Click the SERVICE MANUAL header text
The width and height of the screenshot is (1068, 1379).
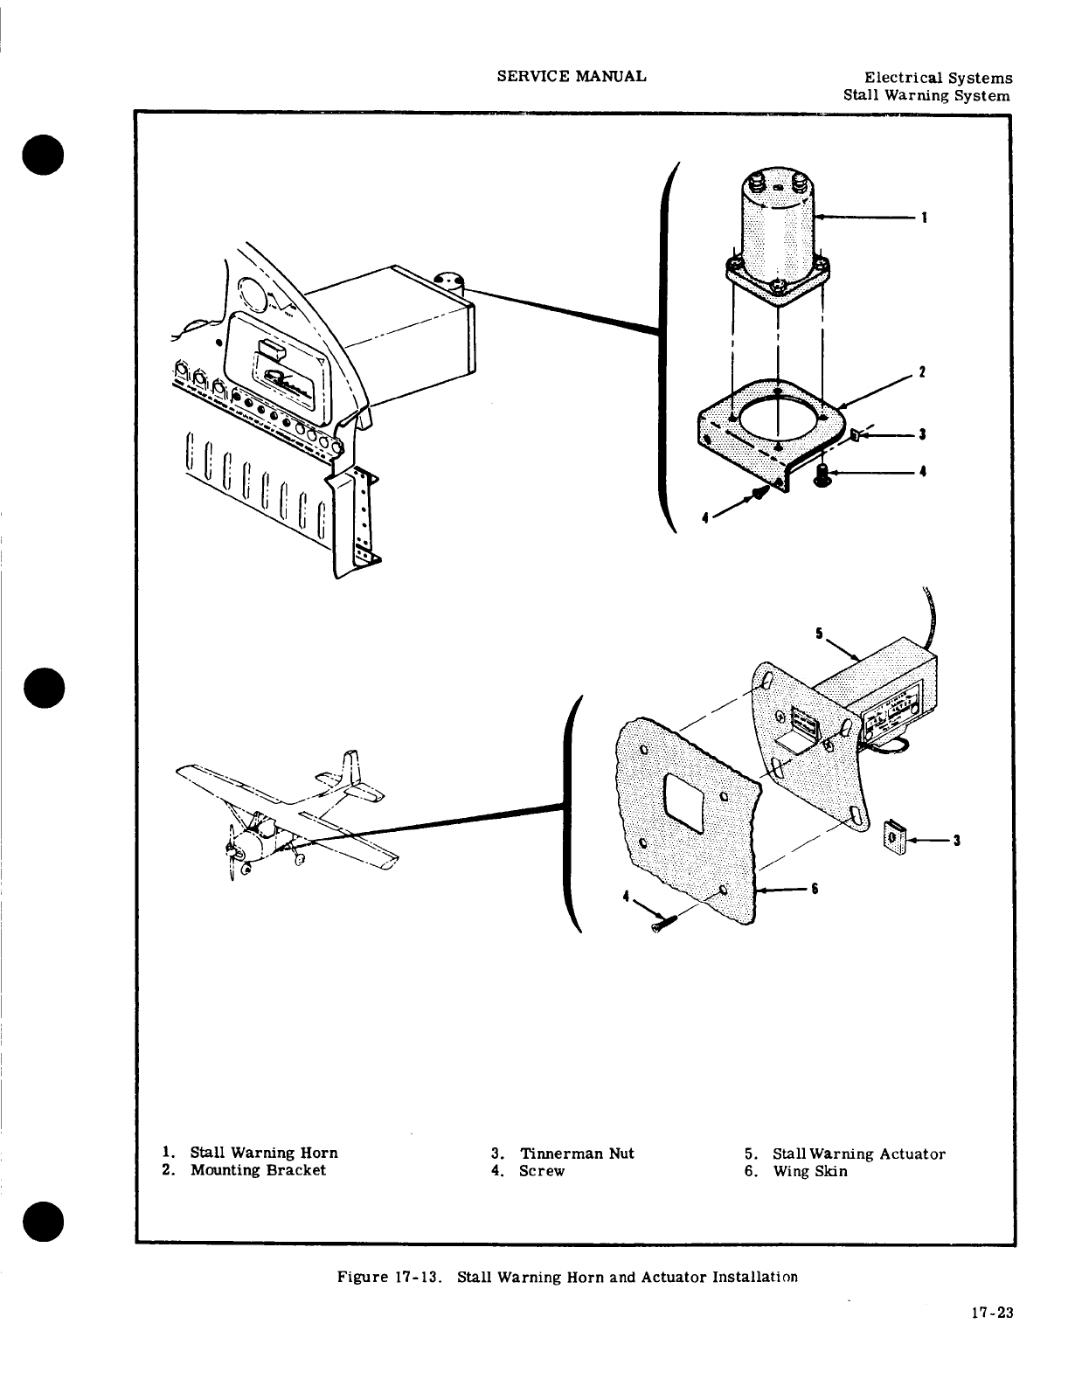(572, 76)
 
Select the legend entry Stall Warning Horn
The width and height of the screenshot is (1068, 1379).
(263, 1153)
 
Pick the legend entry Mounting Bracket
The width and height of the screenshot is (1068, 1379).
(258, 1170)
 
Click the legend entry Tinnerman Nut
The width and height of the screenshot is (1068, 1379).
(576, 1153)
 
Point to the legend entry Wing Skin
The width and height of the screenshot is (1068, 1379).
(809, 1170)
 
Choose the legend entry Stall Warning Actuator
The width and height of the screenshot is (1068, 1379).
(858, 1154)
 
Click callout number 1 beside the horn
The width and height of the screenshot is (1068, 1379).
(925, 218)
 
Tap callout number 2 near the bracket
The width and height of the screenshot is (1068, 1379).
(920, 372)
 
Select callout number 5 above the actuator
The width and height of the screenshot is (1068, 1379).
(819, 634)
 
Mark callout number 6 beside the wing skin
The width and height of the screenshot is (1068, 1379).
(814, 889)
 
